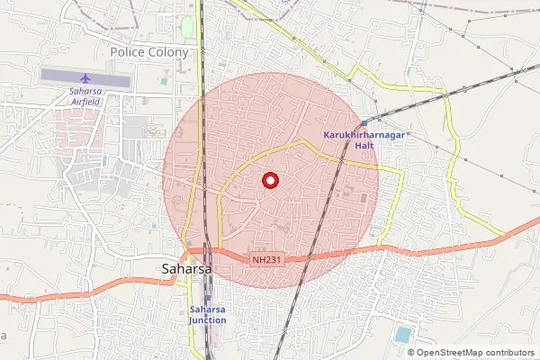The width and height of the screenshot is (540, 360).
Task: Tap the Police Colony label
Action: [x=149, y=52]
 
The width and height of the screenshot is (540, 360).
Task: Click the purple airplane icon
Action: [x=85, y=77]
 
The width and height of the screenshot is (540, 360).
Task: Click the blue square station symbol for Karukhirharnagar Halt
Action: [x=364, y=123]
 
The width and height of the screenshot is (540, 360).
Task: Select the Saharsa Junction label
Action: [x=207, y=314]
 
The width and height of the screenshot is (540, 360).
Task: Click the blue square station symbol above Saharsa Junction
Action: [x=208, y=298]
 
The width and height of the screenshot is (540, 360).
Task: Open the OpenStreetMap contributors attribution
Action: [x=476, y=353]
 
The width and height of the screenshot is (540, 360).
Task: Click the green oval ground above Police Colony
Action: [x=187, y=27]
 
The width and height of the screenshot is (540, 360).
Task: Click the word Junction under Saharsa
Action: [x=207, y=319]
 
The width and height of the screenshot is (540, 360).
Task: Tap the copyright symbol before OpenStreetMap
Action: [x=411, y=353]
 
